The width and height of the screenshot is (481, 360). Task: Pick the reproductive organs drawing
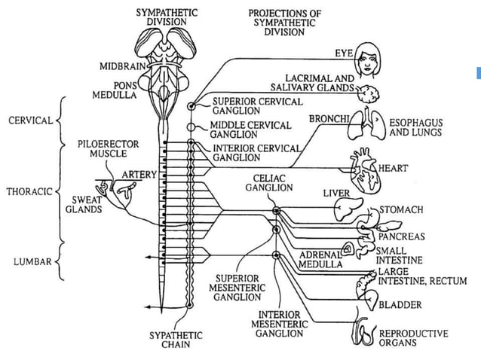363,334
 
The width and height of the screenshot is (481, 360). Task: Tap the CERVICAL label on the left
30,121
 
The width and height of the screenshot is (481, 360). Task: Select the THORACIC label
29,191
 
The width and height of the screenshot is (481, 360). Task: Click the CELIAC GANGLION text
269,182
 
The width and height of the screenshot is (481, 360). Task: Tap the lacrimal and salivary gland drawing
369,93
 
